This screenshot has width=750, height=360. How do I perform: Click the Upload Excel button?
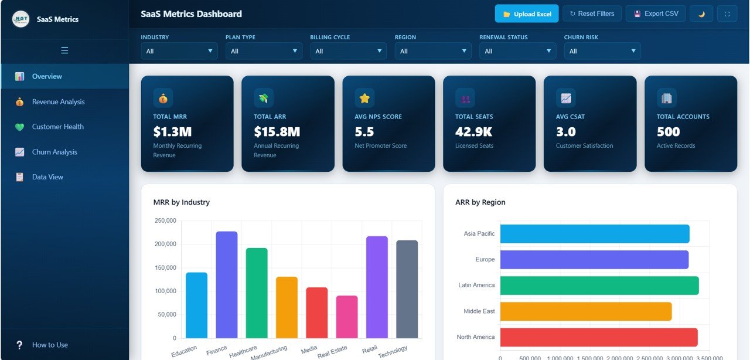527,14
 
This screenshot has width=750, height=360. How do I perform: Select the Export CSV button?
656,14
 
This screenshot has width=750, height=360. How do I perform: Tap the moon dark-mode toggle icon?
701,14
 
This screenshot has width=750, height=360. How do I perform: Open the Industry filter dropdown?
179,51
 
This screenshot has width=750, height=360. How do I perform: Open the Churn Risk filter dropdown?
602,51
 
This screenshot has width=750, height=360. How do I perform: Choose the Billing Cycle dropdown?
348,51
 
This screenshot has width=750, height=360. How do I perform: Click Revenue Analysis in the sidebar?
58,102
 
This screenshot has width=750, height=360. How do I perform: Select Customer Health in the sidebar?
57,127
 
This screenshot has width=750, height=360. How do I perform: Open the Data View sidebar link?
47,177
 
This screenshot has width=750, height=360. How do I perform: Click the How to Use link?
50,345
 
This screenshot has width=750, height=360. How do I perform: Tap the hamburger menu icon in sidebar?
64,50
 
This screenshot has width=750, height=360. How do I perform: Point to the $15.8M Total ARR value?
277,132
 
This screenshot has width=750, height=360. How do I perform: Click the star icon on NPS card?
364,98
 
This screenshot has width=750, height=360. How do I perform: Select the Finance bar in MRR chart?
227,285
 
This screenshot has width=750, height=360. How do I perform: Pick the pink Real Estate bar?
346,317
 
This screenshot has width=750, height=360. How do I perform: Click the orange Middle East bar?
585,311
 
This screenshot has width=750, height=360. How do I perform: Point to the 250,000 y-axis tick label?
164,221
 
